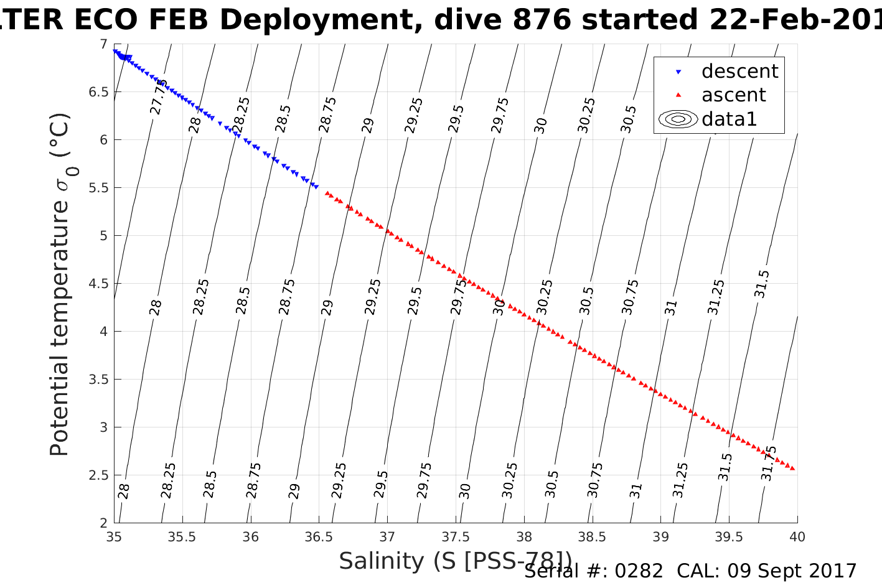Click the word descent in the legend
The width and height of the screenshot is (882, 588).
(739, 72)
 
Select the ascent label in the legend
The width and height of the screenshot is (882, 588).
(733, 95)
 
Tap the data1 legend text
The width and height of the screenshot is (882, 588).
(729, 119)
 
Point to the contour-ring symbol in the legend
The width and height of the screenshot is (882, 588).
(678, 119)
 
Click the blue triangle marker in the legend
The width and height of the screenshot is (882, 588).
(678, 72)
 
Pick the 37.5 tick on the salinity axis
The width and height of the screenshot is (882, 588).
(456, 536)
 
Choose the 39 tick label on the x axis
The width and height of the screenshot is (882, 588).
(660, 536)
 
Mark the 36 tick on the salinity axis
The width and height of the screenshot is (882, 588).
(250, 536)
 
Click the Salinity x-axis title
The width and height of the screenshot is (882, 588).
(455, 561)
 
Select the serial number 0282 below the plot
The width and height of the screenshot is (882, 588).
(639, 571)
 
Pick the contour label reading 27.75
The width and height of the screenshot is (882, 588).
(159, 97)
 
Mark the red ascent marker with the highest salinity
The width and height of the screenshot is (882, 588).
(792, 469)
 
